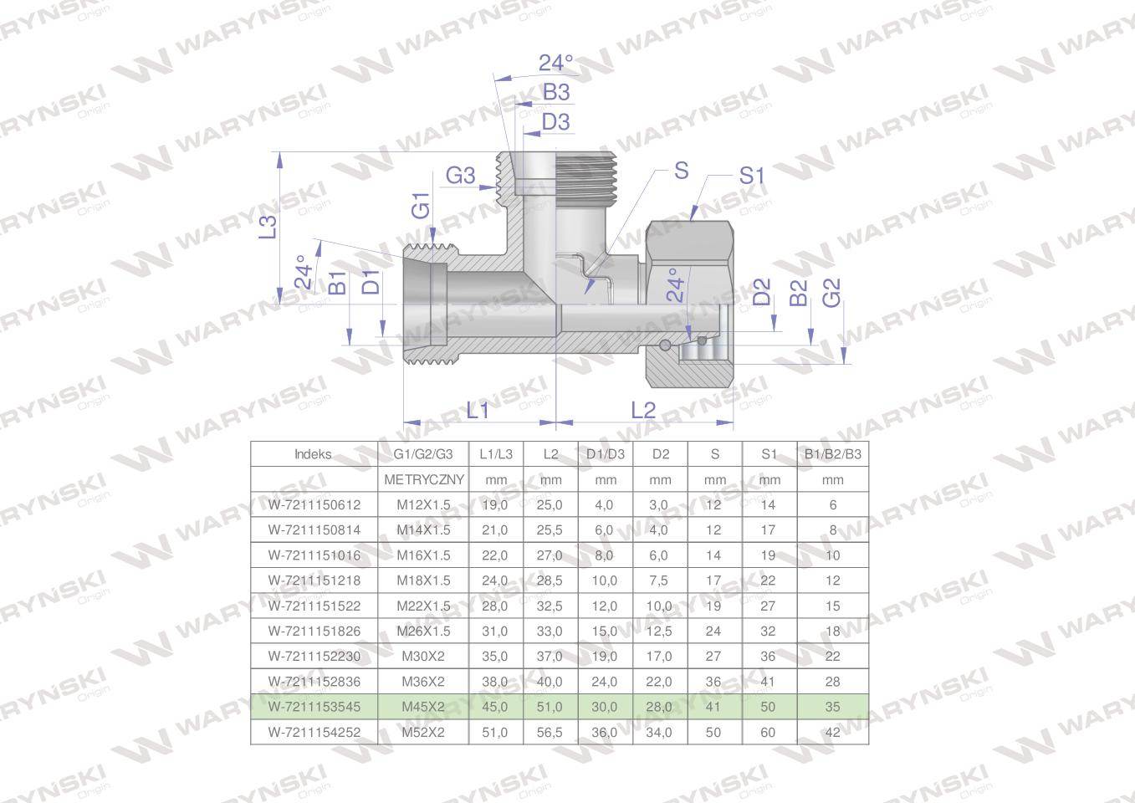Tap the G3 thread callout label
pyautogui.click(x=461, y=176)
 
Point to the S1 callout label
pyautogui.click(x=751, y=176)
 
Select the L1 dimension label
pyautogui.click(x=478, y=411)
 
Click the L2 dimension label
pyautogui.click(x=643, y=411)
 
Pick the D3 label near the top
pyautogui.click(x=556, y=122)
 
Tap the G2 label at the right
pyautogui.click(x=831, y=293)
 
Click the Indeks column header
pyautogui.click(x=313, y=454)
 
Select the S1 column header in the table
pyautogui.click(x=769, y=454)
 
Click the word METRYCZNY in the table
pyautogui.click(x=423, y=479)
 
